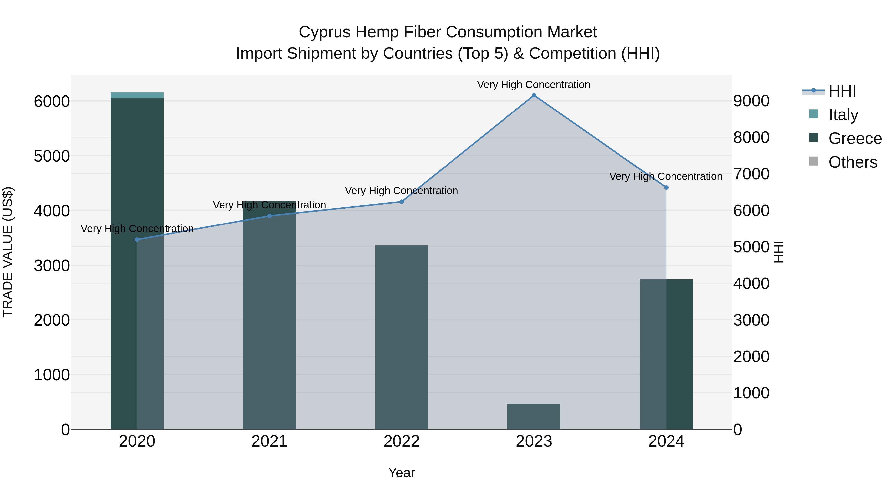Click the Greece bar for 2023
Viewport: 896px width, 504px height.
tap(534, 416)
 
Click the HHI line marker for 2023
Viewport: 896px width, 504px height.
tap(534, 95)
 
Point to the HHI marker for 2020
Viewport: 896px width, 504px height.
tap(137, 240)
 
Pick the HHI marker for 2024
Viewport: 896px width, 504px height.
tap(666, 187)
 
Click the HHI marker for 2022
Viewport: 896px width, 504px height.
tap(401, 202)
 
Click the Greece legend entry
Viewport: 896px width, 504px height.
tap(855, 138)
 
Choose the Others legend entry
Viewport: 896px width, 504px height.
tap(852, 162)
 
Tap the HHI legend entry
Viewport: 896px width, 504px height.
tap(842, 91)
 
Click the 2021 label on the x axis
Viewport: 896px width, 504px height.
tap(269, 441)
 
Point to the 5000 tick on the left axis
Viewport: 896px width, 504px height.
tap(52, 156)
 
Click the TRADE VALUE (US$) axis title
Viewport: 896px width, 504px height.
tap(8, 252)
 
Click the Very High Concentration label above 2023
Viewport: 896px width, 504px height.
tap(534, 85)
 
